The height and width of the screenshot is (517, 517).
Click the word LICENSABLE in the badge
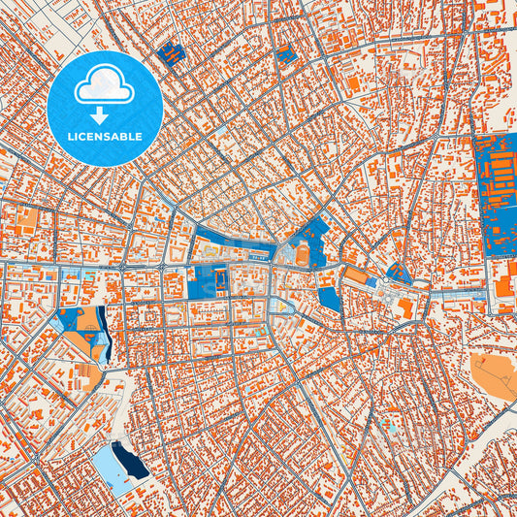tap(104, 137)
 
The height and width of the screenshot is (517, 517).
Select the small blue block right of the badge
tap(173, 53)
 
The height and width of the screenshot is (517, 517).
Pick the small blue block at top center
tap(287, 54)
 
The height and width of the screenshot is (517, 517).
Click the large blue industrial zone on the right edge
tap(496, 194)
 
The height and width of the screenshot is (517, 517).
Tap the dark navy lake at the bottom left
tap(133, 463)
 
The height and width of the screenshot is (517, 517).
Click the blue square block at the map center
tap(207, 282)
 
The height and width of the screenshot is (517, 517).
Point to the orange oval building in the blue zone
tap(303, 255)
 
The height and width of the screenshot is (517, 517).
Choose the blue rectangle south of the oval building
tap(330, 297)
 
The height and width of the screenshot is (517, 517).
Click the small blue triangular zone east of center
tap(398, 274)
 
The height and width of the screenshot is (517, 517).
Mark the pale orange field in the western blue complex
tap(88, 319)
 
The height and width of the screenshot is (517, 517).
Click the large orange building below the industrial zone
tap(504, 285)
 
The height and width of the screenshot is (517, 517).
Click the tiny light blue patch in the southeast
tap(390, 427)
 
